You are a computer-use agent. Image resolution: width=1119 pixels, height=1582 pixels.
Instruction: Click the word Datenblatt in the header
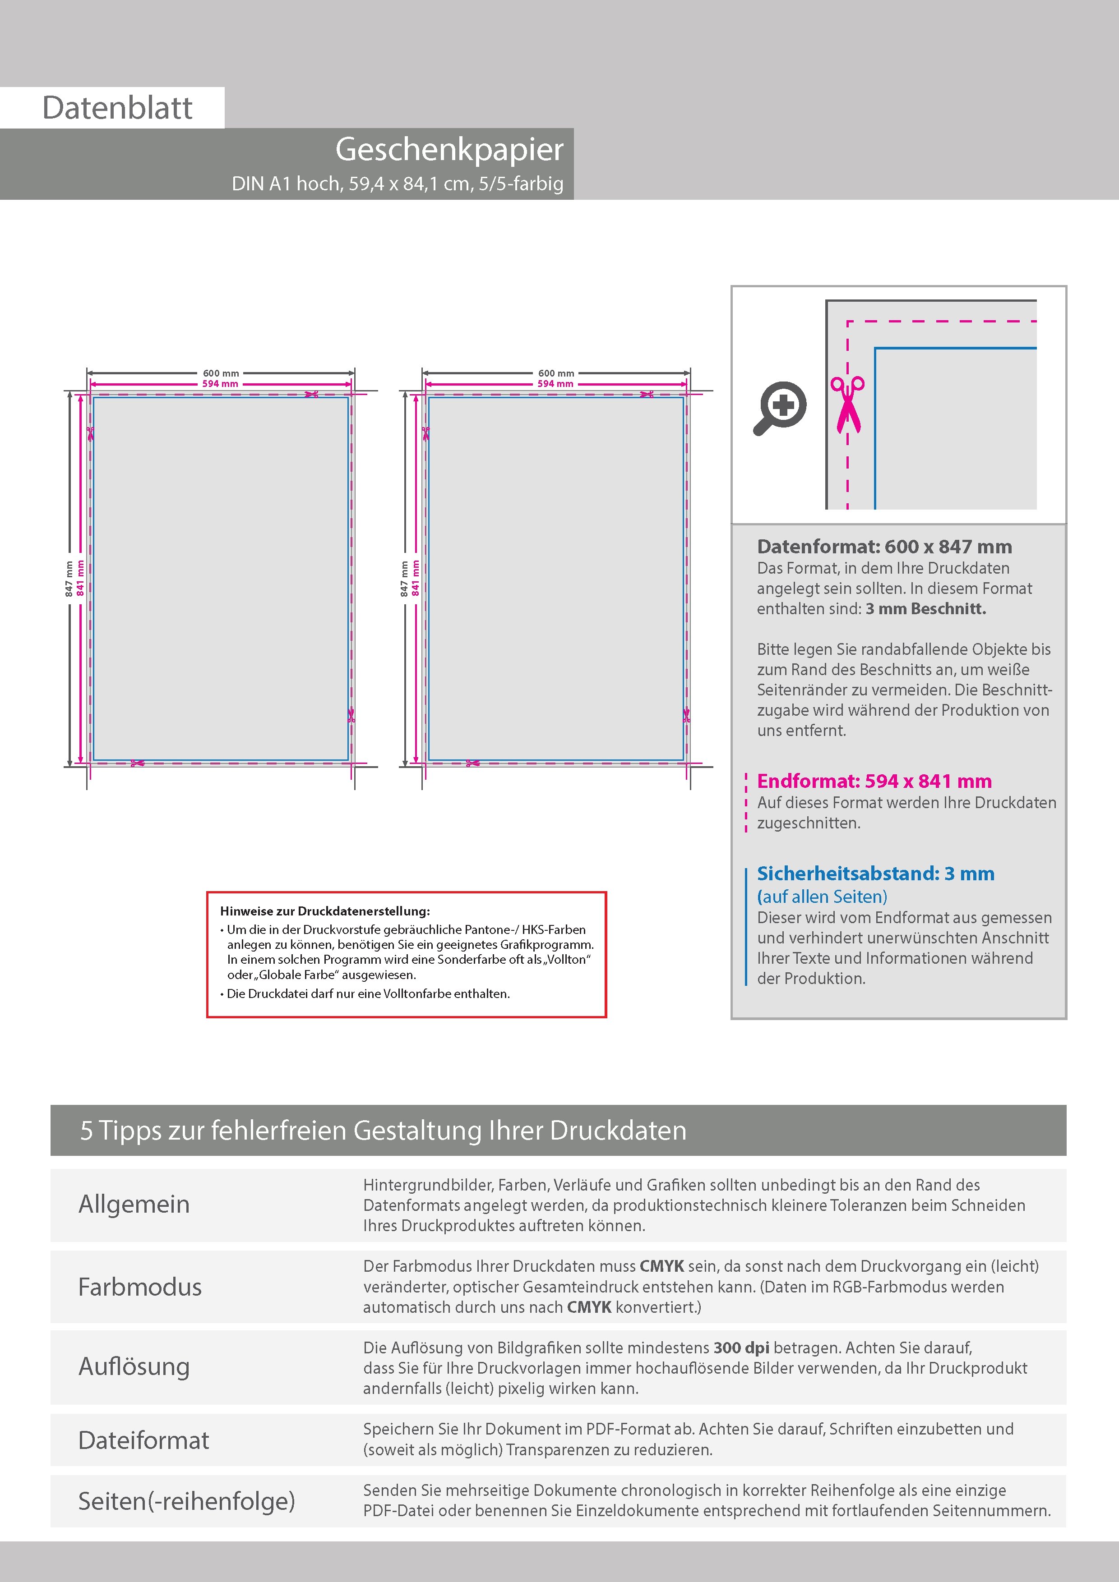(117, 108)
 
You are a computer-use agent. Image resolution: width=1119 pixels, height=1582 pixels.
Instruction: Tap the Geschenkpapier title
(449, 150)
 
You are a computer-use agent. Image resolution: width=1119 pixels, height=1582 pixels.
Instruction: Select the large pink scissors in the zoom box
(847, 405)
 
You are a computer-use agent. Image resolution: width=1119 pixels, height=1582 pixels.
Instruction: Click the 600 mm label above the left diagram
(221, 373)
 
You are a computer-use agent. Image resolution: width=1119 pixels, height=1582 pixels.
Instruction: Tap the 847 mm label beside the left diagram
(69, 579)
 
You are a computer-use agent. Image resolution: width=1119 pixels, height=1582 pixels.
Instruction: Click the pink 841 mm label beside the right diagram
(415, 578)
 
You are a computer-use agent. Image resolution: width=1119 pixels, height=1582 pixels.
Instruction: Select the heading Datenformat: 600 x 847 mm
(884, 547)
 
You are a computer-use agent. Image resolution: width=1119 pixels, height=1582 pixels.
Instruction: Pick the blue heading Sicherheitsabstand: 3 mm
(875, 873)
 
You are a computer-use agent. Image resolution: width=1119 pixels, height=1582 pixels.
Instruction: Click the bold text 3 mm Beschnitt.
(925, 608)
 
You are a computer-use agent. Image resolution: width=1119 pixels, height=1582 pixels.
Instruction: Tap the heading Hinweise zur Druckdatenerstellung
(325, 911)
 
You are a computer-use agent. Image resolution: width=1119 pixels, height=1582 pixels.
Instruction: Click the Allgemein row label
(134, 1204)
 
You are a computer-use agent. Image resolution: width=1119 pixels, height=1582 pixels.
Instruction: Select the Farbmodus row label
(139, 1287)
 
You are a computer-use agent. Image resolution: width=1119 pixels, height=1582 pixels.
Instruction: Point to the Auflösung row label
(134, 1366)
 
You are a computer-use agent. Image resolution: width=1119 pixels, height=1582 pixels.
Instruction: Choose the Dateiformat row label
(143, 1440)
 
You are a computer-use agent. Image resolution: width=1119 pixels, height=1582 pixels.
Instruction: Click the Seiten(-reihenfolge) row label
(186, 1501)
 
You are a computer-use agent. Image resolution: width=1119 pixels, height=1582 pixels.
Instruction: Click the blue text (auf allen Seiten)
(822, 897)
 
